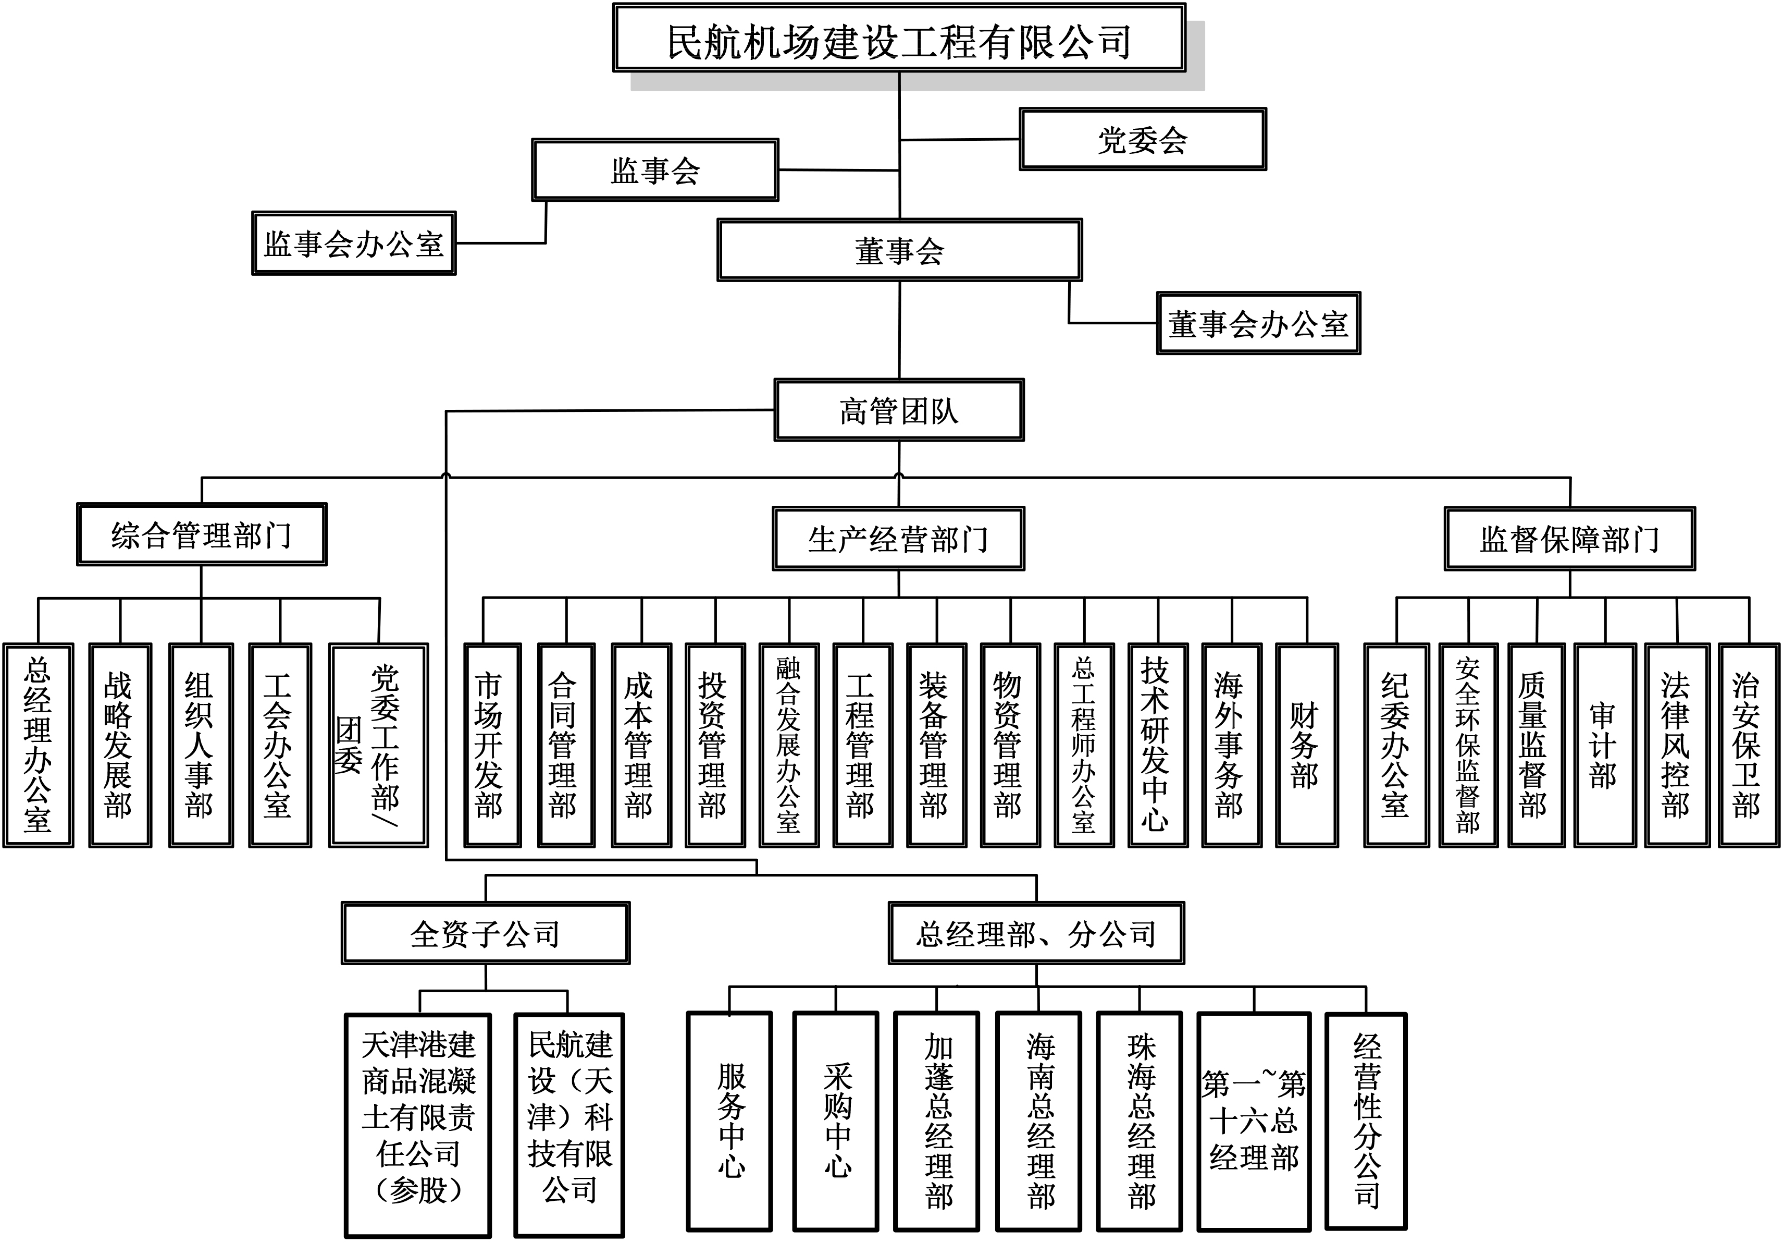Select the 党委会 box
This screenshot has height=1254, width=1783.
pos(1142,140)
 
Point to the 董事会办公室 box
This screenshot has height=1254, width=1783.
pos(1258,323)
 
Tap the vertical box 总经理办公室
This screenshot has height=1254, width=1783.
pos(38,745)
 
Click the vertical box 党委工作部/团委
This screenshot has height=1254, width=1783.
pos(378,745)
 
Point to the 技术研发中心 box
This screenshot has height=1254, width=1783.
pos(1157,745)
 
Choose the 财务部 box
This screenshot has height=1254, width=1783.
pos(1306,745)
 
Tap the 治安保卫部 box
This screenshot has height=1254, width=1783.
pos(1748,745)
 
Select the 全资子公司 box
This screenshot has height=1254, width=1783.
pos(486,933)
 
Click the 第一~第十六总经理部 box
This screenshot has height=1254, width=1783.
pos(1254,1121)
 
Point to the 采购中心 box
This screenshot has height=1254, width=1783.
pos(836,1121)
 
